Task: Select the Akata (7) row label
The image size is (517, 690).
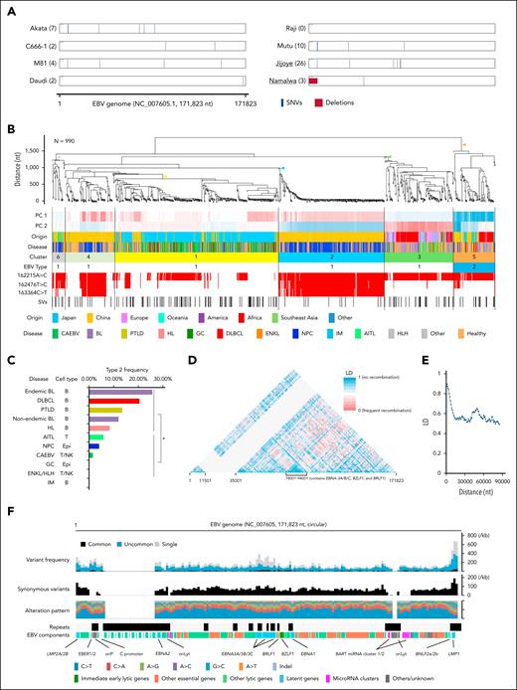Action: pos(37,30)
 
